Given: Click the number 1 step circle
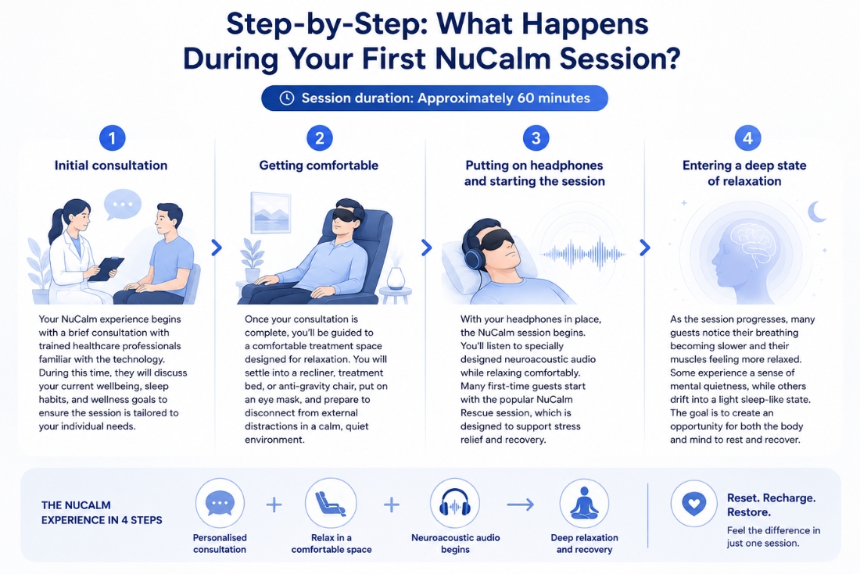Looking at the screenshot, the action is tap(113, 138).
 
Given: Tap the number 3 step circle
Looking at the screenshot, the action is tap(536, 138).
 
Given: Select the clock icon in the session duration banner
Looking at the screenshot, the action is tap(286, 98).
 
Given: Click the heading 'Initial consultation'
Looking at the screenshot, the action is tap(111, 166).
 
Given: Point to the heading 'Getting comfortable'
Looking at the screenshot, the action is tap(319, 166).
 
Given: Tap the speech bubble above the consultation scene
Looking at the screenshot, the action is tap(122, 205).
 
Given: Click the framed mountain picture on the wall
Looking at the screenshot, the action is tap(271, 213).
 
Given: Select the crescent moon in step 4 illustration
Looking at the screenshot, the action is tap(817, 212).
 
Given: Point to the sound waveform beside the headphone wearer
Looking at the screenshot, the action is tap(583, 254).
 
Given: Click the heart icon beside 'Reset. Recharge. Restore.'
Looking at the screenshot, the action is tap(693, 504).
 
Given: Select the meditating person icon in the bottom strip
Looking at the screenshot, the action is tap(584, 504).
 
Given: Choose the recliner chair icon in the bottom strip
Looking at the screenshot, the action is tap(331, 504).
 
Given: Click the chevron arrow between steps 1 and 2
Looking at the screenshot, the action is tap(217, 248).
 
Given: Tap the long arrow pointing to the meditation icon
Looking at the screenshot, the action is tap(521, 504).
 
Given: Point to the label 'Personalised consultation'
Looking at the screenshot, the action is tap(220, 544).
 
